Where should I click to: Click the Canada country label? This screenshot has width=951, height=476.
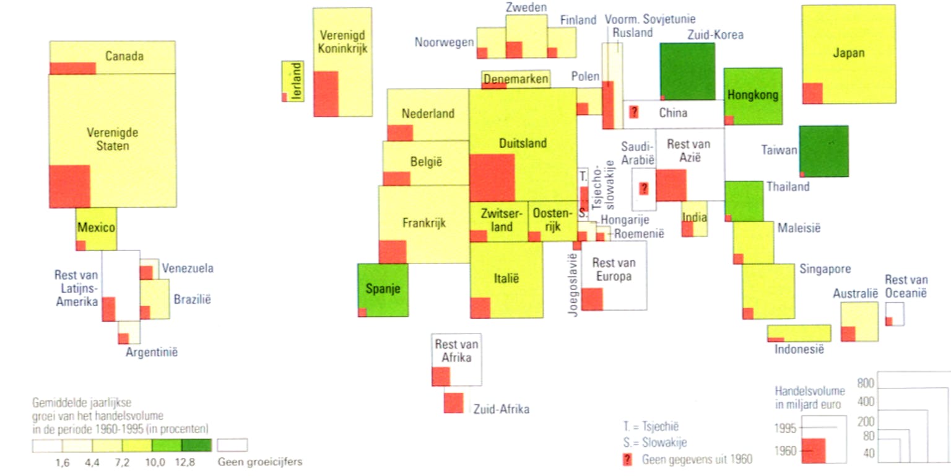tap(124, 56)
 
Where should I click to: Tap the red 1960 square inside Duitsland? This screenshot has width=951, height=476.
tap(492, 177)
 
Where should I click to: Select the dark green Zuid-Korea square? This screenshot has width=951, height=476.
tap(687, 71)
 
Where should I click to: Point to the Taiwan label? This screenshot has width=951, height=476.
tap(779, 149)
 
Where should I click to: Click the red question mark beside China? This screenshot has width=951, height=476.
tap(634, 112)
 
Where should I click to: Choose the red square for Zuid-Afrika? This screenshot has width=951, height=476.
tap(453, 403)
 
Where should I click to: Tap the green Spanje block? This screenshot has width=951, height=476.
tap(383, 289)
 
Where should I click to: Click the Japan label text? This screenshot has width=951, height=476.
tap(848, 53)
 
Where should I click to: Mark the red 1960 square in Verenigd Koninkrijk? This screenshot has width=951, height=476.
tap(326, 94)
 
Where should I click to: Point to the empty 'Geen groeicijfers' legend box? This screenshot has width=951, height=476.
tap(232, 445)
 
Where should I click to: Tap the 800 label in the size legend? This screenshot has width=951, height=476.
tap(866, 384)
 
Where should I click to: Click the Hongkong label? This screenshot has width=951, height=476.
tap(753, 95)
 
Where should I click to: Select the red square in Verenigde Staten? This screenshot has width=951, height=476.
tap(69, 186)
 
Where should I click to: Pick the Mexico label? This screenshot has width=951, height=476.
tap(96, 227)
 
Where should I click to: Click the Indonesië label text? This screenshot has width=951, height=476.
tap(799, 350)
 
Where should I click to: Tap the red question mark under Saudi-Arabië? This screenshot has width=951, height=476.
tap(644, 188)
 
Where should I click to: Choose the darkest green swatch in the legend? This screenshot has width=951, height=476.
tap(196, 445)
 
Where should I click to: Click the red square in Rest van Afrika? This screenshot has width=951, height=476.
tap(441, 376)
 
